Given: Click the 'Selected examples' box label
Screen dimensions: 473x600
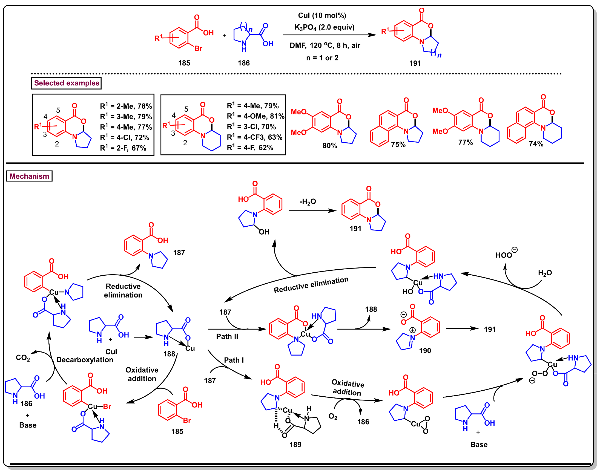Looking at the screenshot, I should pyautogui.click(x=67, y=83).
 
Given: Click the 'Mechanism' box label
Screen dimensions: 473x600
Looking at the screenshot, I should pyautogui.click(x=29, y=176).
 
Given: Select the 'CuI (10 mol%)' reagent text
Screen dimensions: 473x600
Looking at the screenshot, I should pyautogui.click(x=322, y=16).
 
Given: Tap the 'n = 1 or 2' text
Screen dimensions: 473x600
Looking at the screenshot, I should pyautogui.click(x=322, y=58).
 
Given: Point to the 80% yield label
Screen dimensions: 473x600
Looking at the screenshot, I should pyautogui.click(x=330, y=146).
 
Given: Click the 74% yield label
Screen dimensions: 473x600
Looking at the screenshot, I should pyautogui.click(x=536, y=144).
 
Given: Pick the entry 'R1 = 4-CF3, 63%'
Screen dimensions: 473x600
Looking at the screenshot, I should pyautogui.click(x=255, y=137).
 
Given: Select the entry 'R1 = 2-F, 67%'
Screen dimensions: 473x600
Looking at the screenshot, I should pyautogui.click(x=123, y=148).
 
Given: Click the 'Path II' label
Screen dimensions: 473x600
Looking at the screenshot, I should pyautogui.click(x=227, y=336).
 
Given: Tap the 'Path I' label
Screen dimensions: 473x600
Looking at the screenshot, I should pyautogui.click(x=234, y=360).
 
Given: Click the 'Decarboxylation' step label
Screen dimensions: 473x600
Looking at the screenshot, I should pyautogui.click(x=85, y=360).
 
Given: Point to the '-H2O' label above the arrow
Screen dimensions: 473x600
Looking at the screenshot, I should pyautogui.click(x=308, y=202).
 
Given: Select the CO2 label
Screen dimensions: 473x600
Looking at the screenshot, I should pyautogui.click(x=23, y=358).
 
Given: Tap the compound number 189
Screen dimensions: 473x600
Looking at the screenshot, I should pyautogui.click(x=295, y=445).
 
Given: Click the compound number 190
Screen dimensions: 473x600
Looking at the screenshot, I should pyautogui.click(x=425, y=351).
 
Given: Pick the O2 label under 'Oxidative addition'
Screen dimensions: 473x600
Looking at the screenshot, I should pyautogui.click(x=333, y=417).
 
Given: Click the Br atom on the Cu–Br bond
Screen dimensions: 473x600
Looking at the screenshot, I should pyautogui.click(x=107, y=406).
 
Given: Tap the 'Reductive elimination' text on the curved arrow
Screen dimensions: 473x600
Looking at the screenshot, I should pyautogui.click(x=311, y=285).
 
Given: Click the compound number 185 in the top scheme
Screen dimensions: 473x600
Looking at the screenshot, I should pyautogui.click(x=184, y=63).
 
